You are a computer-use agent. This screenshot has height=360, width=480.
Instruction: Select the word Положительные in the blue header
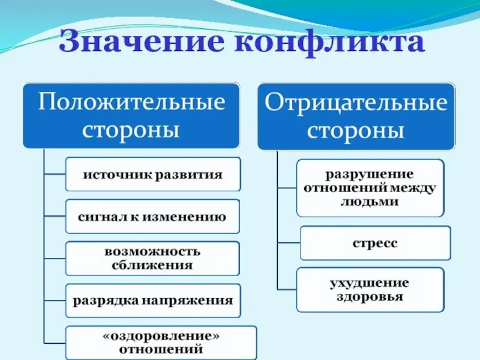(131, 102)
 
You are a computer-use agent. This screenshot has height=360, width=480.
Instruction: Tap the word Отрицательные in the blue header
(356, 103)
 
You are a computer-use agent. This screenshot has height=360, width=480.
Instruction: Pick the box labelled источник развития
(152, 175)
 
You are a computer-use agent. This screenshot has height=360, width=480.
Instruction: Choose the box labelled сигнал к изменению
(152, 217)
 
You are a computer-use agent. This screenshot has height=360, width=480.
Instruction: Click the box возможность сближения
(152, 259)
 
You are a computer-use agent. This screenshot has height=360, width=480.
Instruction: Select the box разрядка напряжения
(152, 300)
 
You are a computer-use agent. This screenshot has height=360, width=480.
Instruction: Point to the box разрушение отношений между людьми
(370, 188)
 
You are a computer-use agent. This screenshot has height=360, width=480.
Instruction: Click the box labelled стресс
(375, 243)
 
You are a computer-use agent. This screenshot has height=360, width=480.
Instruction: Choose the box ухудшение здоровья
(370, 289)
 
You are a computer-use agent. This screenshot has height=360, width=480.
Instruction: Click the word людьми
(370, 202)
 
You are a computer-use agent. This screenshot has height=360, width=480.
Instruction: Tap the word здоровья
(370, 296)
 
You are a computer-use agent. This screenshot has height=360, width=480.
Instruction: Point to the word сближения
(152, 265)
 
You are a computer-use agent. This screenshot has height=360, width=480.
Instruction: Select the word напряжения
(195, 301)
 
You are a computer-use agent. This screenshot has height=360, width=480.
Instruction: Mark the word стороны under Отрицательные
(356, 131)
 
